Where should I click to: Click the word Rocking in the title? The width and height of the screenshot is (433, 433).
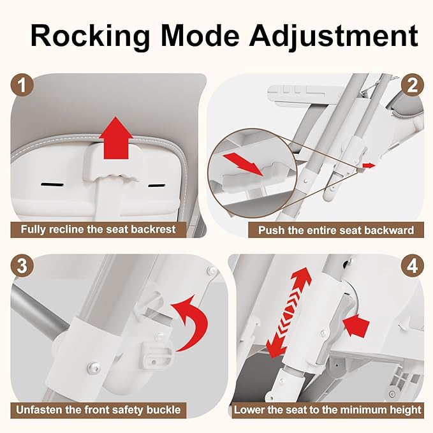click(x=91, y=36)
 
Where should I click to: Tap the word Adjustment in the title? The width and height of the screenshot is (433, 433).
click(x=334, y=36)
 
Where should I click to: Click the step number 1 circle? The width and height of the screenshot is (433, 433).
click(x=22, y=85)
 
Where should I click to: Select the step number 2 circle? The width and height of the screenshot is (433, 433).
click(x=413, y=85)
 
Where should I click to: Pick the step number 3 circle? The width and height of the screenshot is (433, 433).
click(x=22, y=266)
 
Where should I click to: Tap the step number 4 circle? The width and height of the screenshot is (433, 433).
click(x=413, y=266)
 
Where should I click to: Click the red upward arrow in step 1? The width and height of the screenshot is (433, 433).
click(x=116, y=138)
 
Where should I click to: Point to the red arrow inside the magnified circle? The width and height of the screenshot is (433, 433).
click(x=244, y=165)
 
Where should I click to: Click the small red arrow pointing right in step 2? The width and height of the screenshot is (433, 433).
click(x=369, y=165)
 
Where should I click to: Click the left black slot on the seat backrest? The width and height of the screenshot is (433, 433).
click(x=52, y=184)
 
